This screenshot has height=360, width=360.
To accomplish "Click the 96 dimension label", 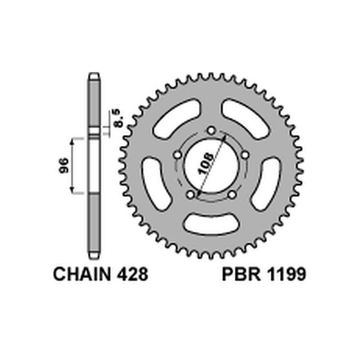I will [63, 165].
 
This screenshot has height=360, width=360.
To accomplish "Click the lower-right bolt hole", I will [232, 195].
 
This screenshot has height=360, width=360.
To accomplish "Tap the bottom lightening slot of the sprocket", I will [211, 224].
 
